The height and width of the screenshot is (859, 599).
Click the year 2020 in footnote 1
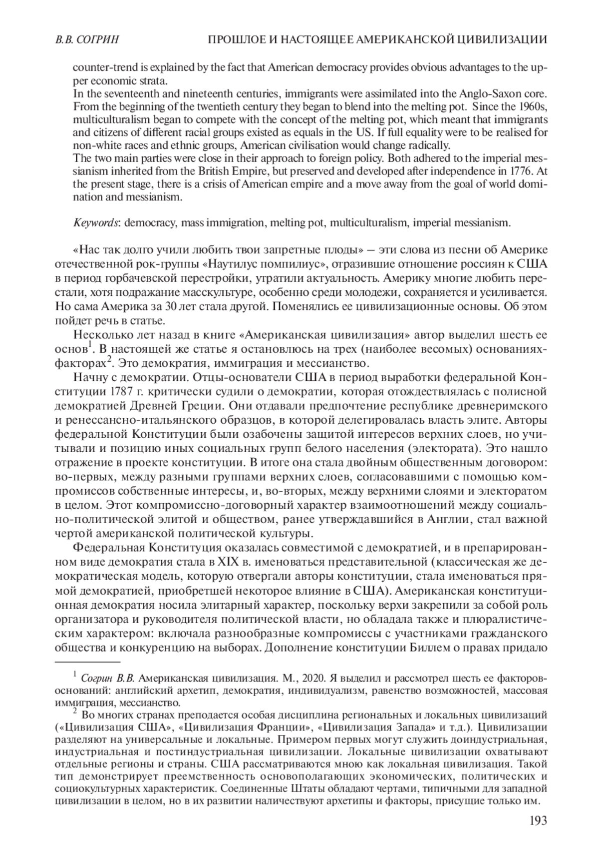coord(311,678)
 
